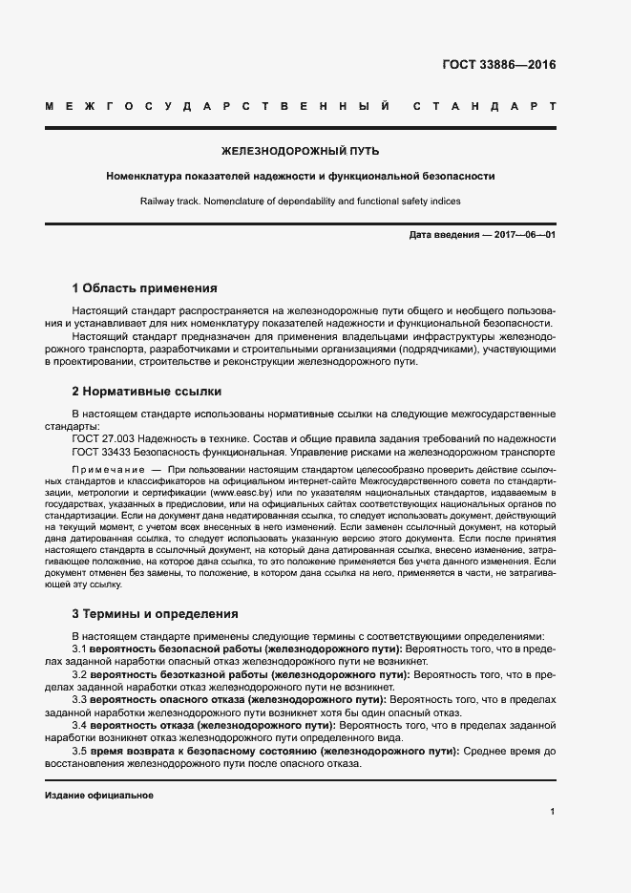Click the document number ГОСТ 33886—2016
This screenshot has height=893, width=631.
[498, 66]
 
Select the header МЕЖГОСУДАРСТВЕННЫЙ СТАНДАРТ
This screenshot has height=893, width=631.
[300, 106]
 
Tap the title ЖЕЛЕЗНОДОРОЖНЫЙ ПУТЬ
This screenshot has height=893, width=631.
[300, 151]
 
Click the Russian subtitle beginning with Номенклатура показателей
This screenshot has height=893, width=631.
[300, 176]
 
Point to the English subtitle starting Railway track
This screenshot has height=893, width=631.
[300, 201]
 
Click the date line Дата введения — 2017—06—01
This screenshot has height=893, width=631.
[481, 235]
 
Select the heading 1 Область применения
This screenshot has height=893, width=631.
[145, 287]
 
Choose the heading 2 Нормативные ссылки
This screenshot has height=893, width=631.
[147, 392]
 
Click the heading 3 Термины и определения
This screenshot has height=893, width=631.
[156, 613]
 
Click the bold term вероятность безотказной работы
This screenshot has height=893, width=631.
[180, 674]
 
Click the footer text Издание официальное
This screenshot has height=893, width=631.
[99, 795]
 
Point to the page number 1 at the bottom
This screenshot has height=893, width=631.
[552, 812]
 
